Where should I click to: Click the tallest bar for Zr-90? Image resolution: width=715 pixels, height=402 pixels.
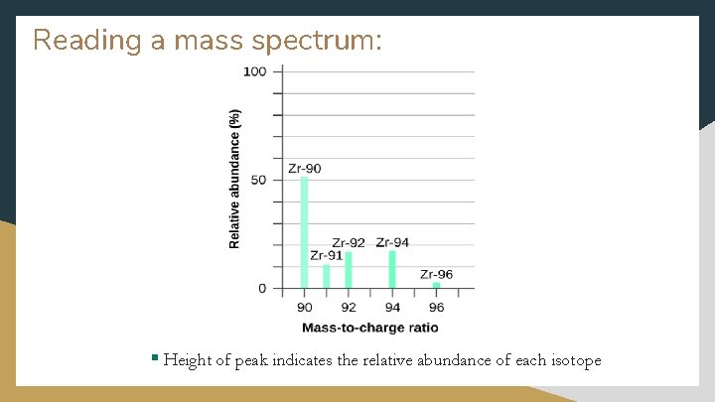pyautogui.click(x=305, y=233)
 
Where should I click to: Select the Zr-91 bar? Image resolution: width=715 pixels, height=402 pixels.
pyautogui.click(x=327, y=276)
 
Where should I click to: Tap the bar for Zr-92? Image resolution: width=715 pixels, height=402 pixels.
pyautogui.click(x=349, y=270)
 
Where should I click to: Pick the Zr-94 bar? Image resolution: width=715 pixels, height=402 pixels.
pyautogui.click(x=392, y=269)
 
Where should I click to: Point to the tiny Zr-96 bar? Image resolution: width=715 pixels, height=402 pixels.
pyautogui.click(x=436, y=285)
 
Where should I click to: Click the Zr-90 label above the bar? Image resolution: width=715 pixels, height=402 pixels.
pyautogui.click(x=305, y=168)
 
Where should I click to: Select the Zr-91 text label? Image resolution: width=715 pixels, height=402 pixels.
pyautogui.click(x=327, y=255)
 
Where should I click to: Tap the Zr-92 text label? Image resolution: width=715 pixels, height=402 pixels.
pyautogui.click(x=349, y=242)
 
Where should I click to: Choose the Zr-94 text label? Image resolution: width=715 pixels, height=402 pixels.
pyautogui.click(x=392, y=242)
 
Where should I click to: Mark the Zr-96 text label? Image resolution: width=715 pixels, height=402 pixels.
pyautogui.click(x=436, y=274)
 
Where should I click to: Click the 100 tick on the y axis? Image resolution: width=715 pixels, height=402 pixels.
pyautogui.click(x=255, y=71)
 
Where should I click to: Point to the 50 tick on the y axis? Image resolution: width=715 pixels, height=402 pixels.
pyautogui.click(x=259, y=180)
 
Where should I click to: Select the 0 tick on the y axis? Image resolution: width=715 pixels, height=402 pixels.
pyautogui.click(x=262, y=288)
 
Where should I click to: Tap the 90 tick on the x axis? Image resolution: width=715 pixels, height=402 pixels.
pyautogui.click(x=305, y=308)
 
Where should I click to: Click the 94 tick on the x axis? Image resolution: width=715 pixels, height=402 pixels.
pyautogui.click(x=392, y=308)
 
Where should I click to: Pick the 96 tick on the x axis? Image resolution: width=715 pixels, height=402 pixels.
pyautogui.click(x=436, y=308)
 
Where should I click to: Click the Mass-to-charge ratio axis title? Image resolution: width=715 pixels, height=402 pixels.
pyautogui.click(x=369, y=328)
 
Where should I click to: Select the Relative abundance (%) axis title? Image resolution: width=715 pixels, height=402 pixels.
pyautogui.click(x=235, y=180)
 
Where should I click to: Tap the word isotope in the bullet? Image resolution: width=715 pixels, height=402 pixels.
pyautogui.click(x=569, y=360)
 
